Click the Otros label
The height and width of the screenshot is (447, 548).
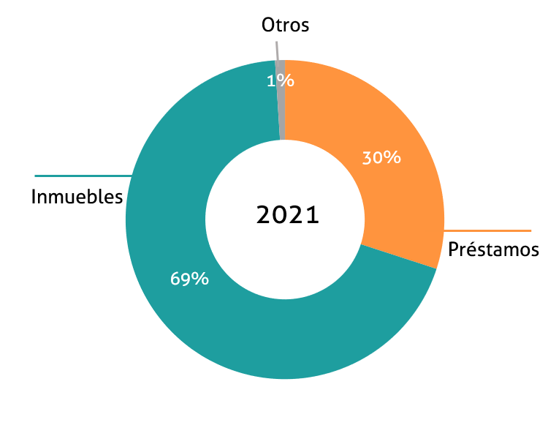pos(285,25)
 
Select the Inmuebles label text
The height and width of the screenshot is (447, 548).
pos(77,197)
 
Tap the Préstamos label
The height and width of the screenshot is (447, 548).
pos(493,249)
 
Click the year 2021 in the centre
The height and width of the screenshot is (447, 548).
pos(288,214)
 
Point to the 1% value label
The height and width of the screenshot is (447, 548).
pos(281,81)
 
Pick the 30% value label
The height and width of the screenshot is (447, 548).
pos(381,157)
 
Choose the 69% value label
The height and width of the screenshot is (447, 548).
pos(189,279)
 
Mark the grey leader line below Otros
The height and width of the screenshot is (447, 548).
pos(278,51)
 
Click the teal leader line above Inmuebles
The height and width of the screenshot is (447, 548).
pos(83,176)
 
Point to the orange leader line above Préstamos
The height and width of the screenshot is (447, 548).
pos(487,231)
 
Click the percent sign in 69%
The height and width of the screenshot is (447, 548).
pos(200,279)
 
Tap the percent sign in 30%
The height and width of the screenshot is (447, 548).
pos(392,157)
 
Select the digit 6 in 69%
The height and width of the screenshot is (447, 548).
pos(175,279)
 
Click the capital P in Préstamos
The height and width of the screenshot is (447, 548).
pos(453,249)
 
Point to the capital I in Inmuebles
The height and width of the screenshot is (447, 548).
pos(33,197)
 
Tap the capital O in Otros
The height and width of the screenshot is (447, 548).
pos(267,25)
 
